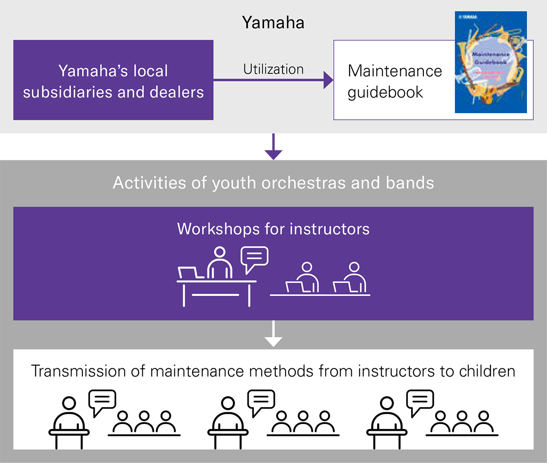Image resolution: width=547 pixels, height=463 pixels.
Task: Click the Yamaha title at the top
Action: tap(273, 23)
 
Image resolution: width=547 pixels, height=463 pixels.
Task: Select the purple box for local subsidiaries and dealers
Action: tap(113, 80)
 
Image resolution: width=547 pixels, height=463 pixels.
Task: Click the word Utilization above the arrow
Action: tap(273, 69)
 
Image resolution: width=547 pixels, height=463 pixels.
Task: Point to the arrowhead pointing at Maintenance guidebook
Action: tap(328, 80)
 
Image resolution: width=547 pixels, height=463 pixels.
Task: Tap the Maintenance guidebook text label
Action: tap(394, 82)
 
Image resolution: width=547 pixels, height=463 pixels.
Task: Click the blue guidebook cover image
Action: tap(491, 62)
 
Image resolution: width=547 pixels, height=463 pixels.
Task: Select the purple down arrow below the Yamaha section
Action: tap(273, 148)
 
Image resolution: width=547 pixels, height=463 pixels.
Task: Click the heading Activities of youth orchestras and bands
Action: tap(273, 183)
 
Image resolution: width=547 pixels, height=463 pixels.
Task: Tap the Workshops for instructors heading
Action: tap(273, 229)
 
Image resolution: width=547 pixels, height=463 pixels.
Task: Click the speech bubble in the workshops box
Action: tap(254, 258)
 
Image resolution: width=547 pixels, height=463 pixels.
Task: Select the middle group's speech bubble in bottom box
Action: tap(261, 401)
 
